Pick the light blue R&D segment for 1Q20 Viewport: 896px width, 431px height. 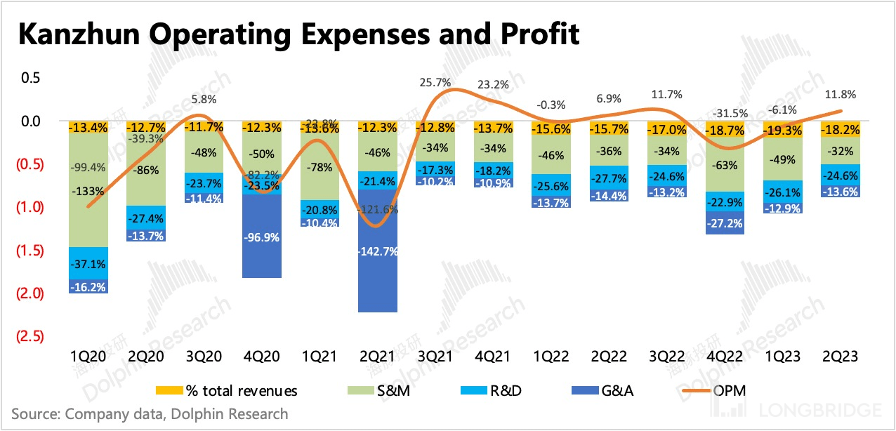click(x=88, y=263)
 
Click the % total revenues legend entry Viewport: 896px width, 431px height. click(x=231, y=391)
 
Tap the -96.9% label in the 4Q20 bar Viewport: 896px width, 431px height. click(x=262, y=237)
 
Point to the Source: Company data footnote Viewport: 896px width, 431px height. click(x=150, y=414)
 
